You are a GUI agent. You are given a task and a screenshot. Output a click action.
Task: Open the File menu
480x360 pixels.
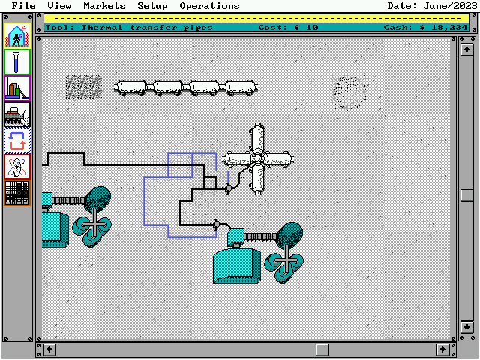(23, 6)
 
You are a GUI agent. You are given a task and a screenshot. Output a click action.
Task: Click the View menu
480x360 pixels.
(59, 6)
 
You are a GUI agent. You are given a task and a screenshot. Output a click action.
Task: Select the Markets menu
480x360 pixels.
(104, 6)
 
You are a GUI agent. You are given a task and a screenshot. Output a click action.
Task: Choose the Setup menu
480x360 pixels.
(152, 6)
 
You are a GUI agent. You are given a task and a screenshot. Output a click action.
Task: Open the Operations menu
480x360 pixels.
(209, 6)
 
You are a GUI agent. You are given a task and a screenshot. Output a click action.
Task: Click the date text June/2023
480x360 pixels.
(448, 6)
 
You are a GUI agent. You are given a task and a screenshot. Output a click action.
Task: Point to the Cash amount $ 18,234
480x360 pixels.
(439, 27)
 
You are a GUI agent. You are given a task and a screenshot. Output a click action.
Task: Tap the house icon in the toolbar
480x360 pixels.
(16, 34)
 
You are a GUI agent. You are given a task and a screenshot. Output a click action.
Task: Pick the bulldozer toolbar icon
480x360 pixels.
(16, 114)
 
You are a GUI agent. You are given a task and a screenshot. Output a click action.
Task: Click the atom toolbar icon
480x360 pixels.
(16, 166)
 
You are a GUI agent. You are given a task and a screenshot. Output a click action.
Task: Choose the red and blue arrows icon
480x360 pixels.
(16, 140)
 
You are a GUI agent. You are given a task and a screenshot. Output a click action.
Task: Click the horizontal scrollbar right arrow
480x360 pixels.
(442, 349)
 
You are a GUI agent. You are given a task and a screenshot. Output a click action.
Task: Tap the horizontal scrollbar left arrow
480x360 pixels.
(49, 349)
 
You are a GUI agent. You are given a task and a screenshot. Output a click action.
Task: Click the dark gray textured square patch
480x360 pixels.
(83, 86)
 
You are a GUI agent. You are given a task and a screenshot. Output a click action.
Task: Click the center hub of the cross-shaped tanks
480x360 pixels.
(257, 158)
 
